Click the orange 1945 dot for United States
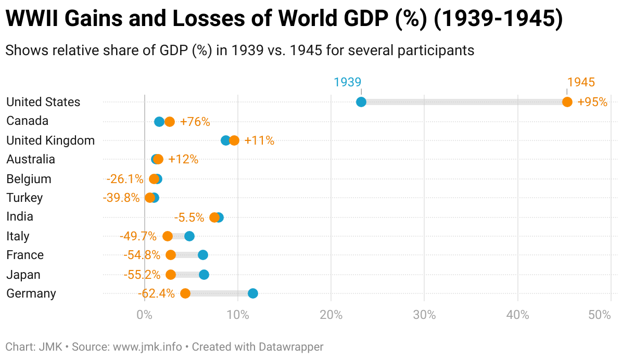pos(567,102)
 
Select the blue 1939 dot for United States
pos(361,102)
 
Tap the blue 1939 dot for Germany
pos(252,293)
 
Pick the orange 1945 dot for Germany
pos(185,293)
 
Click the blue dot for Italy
pos(189,236)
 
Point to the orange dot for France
pos(171,255)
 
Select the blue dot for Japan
pos(204,274)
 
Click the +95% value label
pos(592,102)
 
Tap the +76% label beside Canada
pos(195,122)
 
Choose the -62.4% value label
pos(156,293)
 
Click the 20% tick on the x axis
pos(331,315)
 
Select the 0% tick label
pos(144,315)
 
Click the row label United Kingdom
pos(50,140)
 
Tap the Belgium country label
pos(29,179)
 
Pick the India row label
pos(20,216)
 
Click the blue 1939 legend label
pos(347,82)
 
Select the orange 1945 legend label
pos(581,82)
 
